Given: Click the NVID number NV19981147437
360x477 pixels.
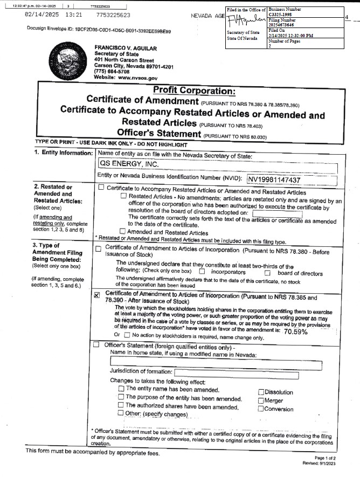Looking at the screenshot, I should click(x=281, y=179).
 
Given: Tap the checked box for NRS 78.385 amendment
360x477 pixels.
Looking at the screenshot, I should click(x=97, y=295).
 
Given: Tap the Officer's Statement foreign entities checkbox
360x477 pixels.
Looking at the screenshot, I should click(x=96, y=344).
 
